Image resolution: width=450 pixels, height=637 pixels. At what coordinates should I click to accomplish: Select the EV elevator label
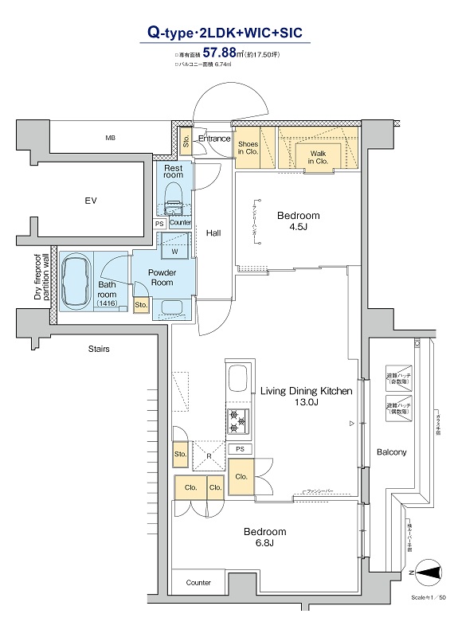91,201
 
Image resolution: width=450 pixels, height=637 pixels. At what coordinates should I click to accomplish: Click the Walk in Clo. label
319,156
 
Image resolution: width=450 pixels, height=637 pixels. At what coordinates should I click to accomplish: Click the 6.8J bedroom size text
264,543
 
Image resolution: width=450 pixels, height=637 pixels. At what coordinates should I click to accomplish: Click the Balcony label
391,452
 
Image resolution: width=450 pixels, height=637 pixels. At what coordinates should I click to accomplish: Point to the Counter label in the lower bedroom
198,583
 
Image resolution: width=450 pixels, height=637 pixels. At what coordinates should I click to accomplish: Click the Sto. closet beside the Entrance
186,144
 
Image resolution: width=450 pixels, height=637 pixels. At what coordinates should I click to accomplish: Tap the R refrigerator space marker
208,457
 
